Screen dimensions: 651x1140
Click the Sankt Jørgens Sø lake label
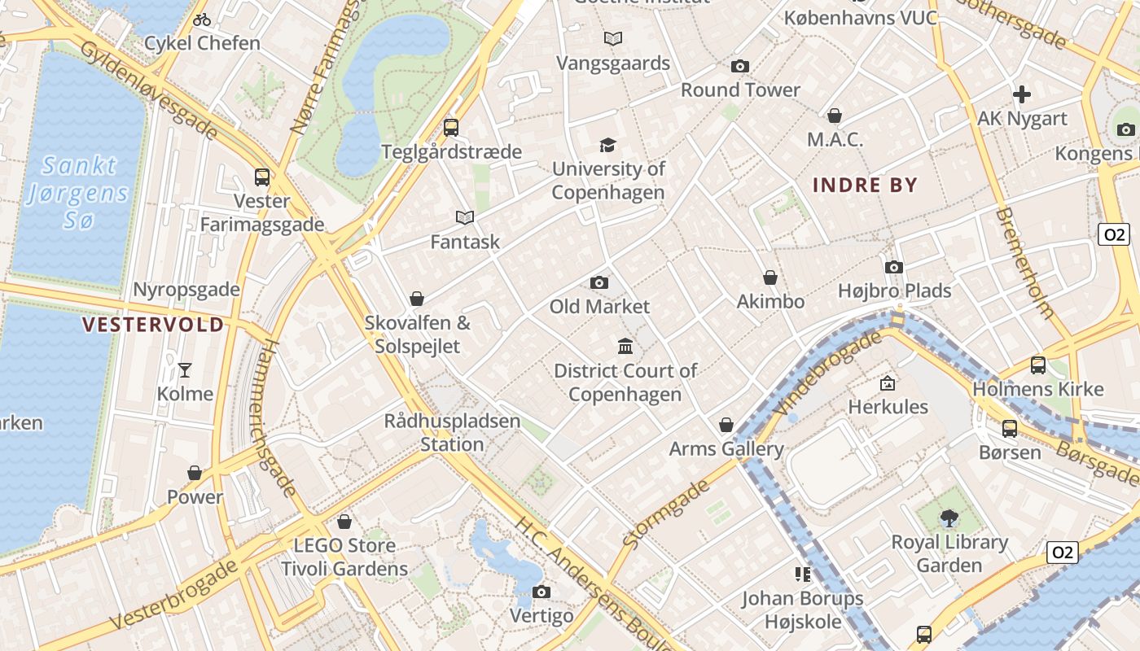(78, 193)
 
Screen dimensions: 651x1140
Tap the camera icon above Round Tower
(739, 66)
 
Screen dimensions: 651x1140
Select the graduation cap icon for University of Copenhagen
(607, 145)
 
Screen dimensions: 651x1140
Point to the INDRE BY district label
(865, 186)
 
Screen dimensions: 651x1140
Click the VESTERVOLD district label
(153, 325)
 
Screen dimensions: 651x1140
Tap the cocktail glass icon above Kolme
(185, 370)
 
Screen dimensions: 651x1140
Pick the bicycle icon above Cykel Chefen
(202, 20)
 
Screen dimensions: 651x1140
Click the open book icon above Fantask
(464, 217)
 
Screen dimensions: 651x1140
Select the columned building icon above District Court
(625, 347)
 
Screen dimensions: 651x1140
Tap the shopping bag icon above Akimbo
(769, 277)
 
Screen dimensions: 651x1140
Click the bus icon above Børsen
(1010, 428)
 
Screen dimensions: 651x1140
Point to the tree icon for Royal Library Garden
(949, 518)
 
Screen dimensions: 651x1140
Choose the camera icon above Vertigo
(541, 592)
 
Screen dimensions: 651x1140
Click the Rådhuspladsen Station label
(452, 433)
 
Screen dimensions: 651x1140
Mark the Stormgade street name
(665, 513)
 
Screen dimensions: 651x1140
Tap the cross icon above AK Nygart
(1021, 94)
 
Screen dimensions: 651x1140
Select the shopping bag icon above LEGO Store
(344, 521)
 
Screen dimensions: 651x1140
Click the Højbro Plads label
(894, 291)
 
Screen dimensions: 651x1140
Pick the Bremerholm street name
(1024, 263)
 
